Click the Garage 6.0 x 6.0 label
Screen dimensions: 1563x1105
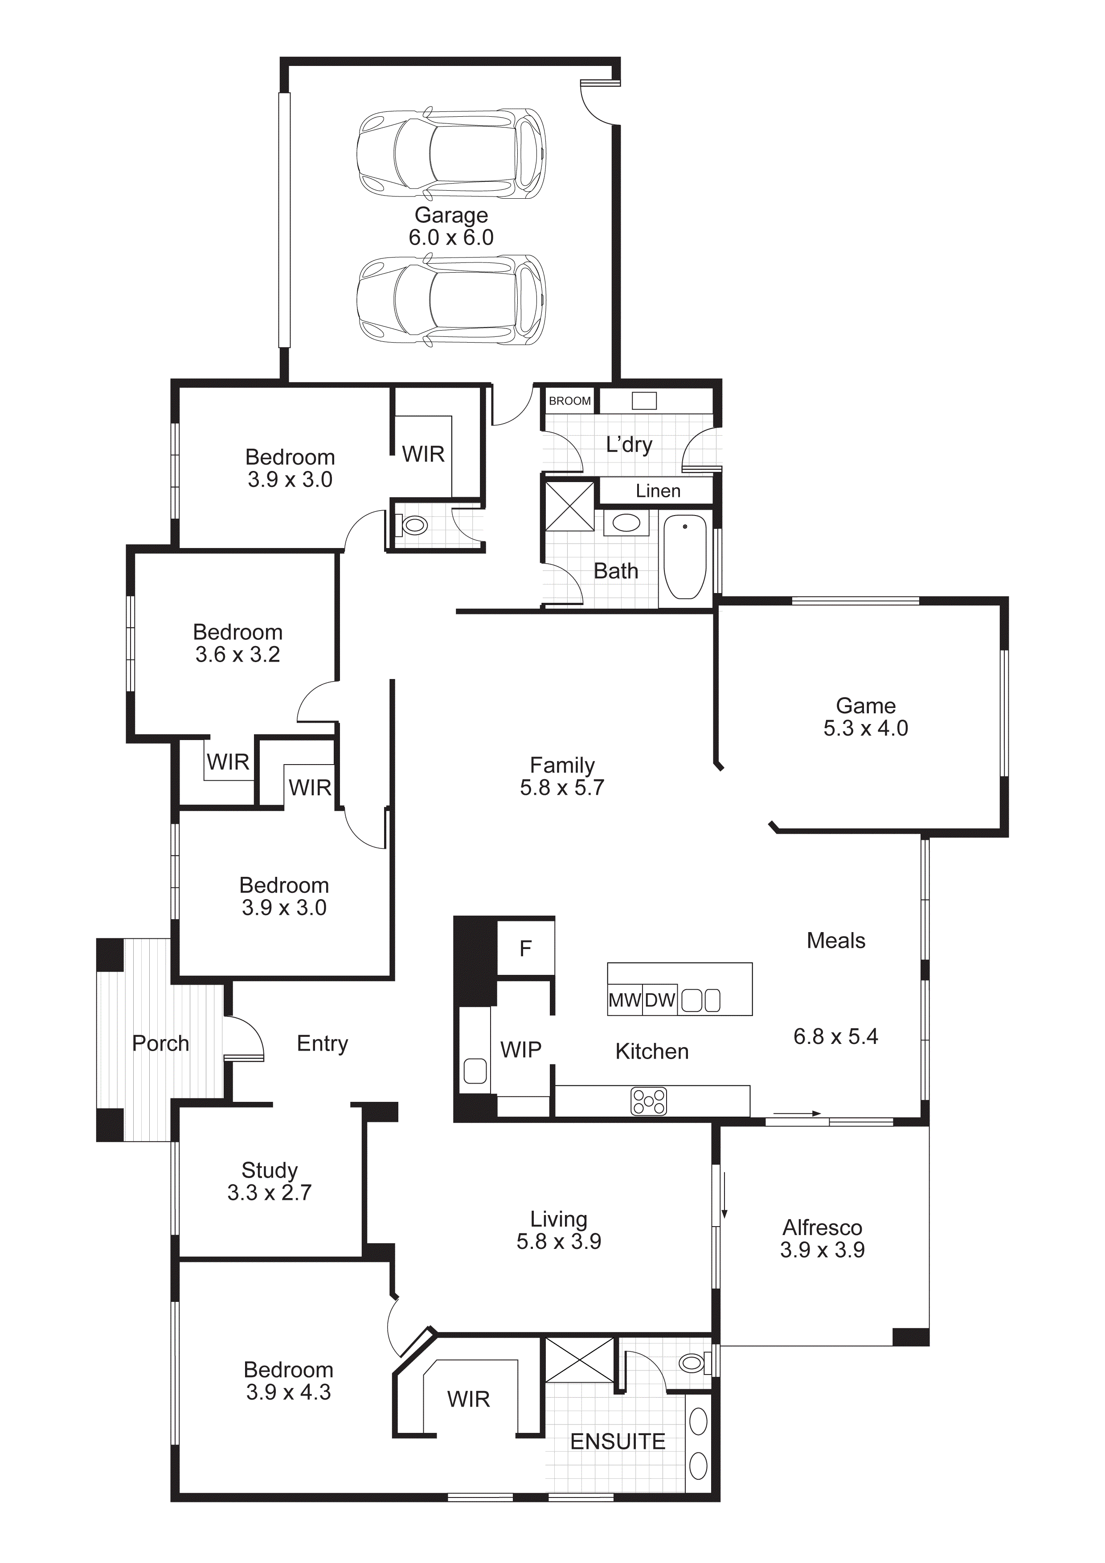point(451,226)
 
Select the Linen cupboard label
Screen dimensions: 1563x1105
point(658,491)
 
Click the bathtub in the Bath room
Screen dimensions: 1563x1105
point(684,557)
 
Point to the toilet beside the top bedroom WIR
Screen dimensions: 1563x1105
point(414,526)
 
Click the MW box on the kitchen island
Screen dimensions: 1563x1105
point(624,1000)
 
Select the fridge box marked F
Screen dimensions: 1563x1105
point(526,948)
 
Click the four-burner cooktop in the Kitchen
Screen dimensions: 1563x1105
point(649,1101)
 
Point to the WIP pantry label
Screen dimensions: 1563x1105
point(521,1050)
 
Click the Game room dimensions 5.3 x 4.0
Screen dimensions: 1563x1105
point(865,728)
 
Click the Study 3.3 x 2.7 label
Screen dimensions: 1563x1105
point(270,1181)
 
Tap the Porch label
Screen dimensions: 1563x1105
point(161,1043)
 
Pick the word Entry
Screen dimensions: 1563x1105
point(322,1043)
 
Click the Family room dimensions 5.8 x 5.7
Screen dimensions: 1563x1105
point(562,788)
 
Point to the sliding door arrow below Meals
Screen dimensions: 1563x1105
point(797,1114)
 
